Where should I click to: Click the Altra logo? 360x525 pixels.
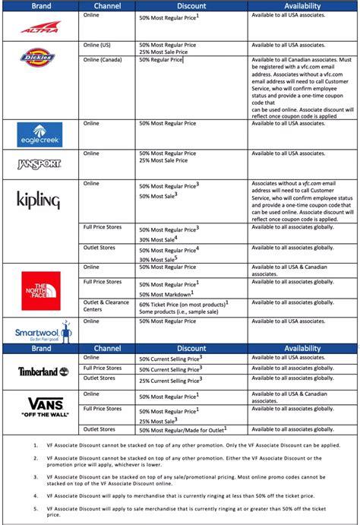coord(39,27)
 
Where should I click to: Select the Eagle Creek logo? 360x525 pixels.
coord(39,134)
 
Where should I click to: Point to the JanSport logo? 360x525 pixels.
coord(39,163)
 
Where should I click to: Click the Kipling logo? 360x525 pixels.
coord(39,200)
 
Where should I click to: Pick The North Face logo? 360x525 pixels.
coord(40,289)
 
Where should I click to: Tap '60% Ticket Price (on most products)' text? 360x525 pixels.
coord(183,303)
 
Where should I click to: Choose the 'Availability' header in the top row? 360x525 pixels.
coord(302,5)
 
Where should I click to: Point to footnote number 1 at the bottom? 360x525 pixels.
coord(36,444)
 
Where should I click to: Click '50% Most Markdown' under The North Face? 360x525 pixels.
coord(166,293)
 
